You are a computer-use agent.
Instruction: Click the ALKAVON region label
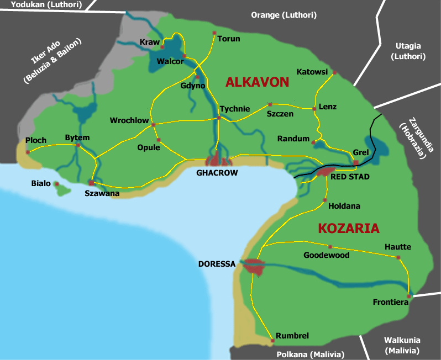(257, 82)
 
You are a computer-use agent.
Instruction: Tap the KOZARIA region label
(348, 228)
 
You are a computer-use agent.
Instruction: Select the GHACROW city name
(217, 173)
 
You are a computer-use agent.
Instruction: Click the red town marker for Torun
(214, 33)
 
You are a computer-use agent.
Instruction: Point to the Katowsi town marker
(334, 72)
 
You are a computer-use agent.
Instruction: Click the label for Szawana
(102, 193)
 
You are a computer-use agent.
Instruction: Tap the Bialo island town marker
(57, 184)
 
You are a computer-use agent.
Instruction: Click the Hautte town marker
(398, 256)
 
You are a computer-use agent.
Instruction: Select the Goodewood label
(327, 255)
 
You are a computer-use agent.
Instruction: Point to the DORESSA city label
(217, 264)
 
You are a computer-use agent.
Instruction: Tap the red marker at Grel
(356, 162)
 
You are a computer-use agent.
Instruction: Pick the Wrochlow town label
(129, 120)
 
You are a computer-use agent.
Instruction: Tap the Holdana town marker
(324, 200)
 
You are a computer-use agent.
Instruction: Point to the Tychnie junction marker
(219, 118)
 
